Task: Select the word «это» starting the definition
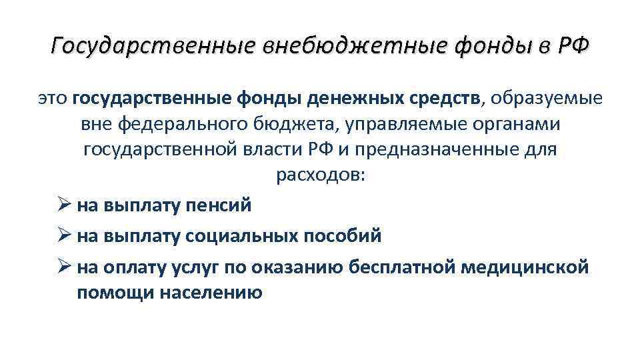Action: coord(52,99)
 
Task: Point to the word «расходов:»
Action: coord(319,175)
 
